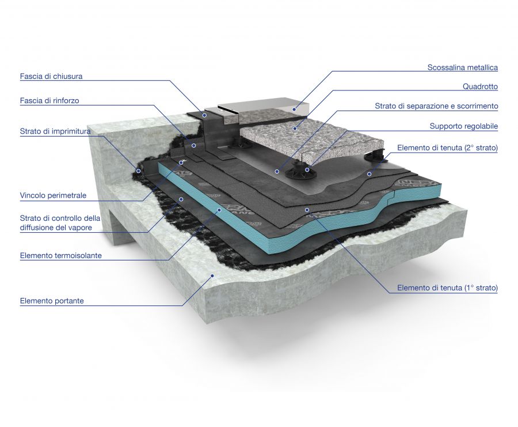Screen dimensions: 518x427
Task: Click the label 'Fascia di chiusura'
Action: [x=51, y=77]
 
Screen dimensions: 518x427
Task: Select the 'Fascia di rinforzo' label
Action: [x=49, y=100]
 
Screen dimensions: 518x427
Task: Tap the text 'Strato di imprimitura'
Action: [x=55, y=131]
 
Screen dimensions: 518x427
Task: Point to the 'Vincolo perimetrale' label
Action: [x=53, y=195]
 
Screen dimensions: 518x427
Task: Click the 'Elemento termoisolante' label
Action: [x=61, y=255]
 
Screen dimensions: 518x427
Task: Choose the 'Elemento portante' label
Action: [x=52, y=301]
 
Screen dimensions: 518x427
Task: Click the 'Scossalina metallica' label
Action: [x=463, y=67]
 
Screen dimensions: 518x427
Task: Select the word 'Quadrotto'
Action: [x=480, y=86]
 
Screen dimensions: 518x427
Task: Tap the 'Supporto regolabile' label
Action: [x=464, y=126]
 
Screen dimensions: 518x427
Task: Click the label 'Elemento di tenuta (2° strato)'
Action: [x=448, y=148]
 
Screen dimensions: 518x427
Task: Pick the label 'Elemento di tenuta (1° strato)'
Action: [x=448, y=288]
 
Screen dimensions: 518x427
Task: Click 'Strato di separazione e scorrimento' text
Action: [x=436, y=106]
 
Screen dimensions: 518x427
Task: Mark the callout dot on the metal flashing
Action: [x=294, y=109]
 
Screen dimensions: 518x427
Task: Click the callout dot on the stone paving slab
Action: [x=295, y=129]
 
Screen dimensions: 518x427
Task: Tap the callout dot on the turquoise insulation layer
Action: [x=219, y=210]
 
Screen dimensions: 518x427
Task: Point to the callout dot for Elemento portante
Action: [x=212, y=275]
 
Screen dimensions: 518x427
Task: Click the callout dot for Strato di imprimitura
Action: [x=139, y=171]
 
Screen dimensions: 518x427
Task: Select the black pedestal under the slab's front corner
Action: [x=300, y=169]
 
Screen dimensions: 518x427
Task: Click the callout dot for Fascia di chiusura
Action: [x=205, y=115]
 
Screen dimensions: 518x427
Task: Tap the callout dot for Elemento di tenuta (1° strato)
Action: [x=307, y=210]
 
